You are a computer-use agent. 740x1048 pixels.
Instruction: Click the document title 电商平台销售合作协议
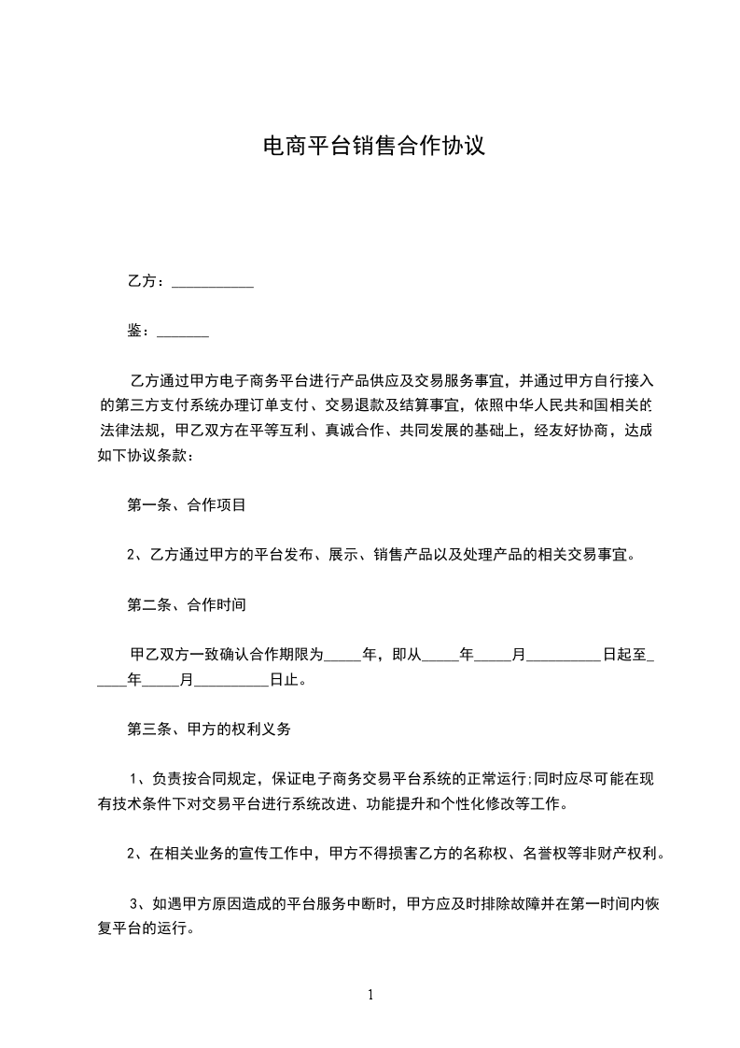tap(373, 147)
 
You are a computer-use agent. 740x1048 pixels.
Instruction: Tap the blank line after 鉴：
tap(183, 331)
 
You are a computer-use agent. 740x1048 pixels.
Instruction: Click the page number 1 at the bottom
tap(370, 995)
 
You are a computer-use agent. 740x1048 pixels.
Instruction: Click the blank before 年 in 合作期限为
tap(342, 655)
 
